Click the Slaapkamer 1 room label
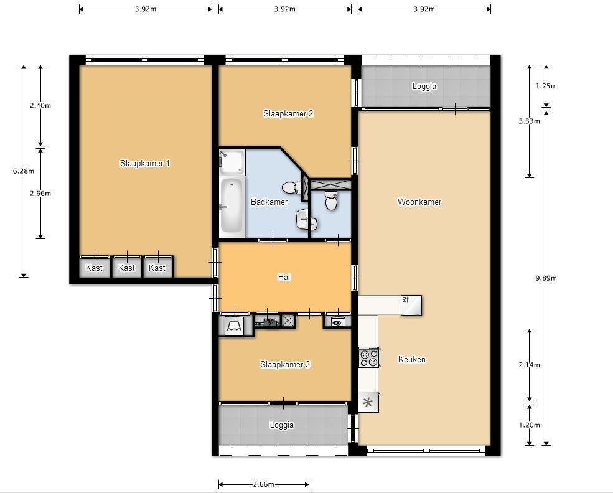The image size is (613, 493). coord(144,164)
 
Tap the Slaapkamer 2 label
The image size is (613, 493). coord(288,114)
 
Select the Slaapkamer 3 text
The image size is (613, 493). coord(285,364)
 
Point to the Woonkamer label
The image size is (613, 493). coord(419,202)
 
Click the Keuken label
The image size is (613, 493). coord(411,359)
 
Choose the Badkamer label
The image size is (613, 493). coord(269,202)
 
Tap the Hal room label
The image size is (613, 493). coord(284,277)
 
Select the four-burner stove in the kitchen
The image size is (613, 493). coord(369,357)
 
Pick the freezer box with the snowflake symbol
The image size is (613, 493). coord(368,402)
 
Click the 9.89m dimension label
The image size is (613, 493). coord(546,278)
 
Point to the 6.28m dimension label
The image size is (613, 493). coord(24,171)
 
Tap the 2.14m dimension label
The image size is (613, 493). coord(530,365)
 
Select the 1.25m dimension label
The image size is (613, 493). coord(546,86)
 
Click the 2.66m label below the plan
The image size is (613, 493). coord(263,484)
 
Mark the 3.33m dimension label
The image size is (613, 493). coord(530,121)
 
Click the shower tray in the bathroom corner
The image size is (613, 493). coord(232,161)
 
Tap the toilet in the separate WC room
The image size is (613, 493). coord(331,200)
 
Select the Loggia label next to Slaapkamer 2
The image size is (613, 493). coord(424,86)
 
